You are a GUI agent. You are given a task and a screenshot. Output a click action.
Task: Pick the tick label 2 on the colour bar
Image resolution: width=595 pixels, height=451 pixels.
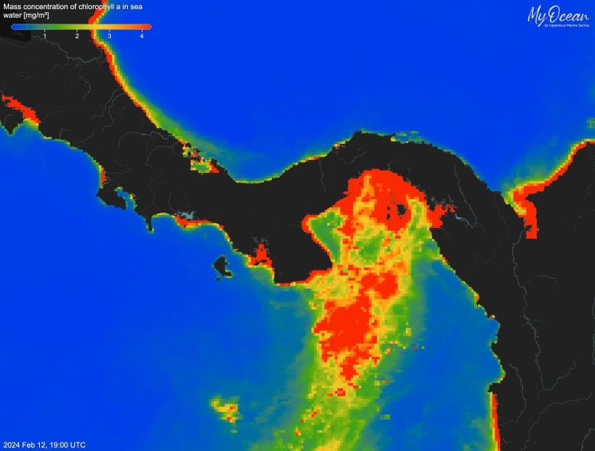[x=77, y=35]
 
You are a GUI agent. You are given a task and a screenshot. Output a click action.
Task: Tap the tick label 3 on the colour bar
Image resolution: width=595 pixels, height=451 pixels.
[x=110, y=35]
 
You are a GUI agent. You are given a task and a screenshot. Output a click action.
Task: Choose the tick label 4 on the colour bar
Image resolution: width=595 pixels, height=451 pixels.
[x=142, y=35]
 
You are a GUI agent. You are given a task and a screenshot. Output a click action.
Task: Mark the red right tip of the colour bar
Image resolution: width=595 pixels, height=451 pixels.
[x=149, y=27]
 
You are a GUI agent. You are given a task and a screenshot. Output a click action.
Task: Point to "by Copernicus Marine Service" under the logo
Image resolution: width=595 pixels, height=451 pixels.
[x=566, y=26]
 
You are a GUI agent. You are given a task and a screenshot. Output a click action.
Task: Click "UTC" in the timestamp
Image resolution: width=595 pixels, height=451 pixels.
[x=78, y=445]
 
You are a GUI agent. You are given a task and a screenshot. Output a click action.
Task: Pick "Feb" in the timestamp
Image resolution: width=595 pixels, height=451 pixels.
[x=30, y=445]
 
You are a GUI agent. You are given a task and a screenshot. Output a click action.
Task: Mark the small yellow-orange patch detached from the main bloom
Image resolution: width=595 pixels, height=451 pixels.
[x=227, y=411]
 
